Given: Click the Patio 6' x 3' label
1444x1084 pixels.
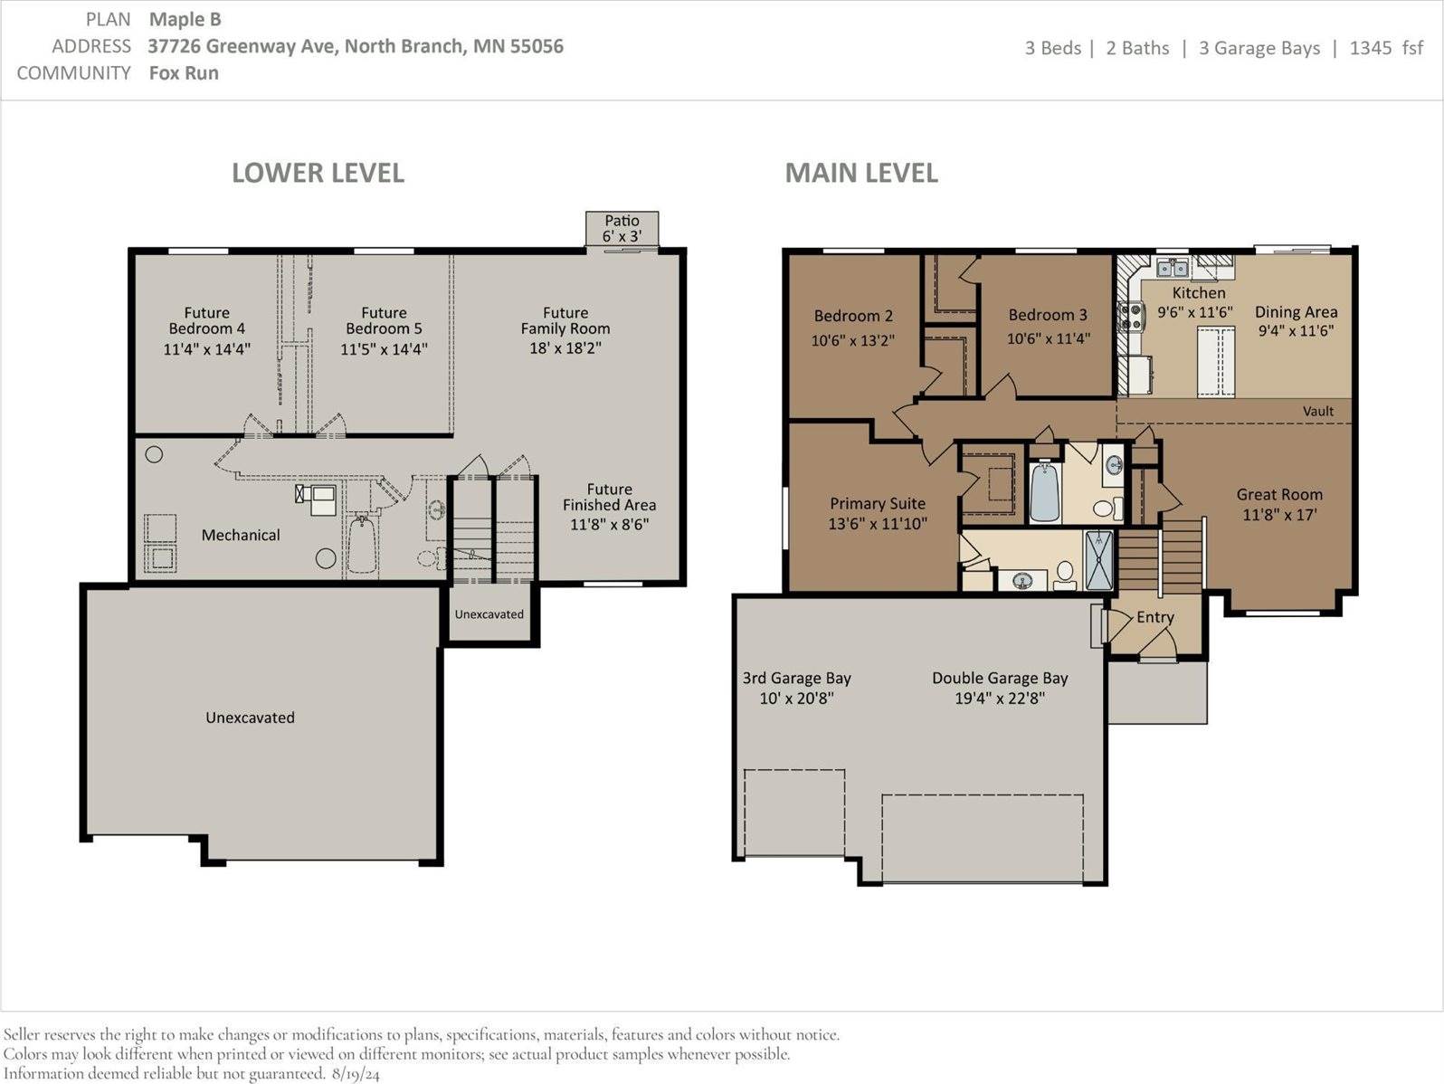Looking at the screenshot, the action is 622,228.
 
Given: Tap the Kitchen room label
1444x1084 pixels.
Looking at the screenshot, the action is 1199,292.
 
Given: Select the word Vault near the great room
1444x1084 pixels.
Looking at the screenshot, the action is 1317,411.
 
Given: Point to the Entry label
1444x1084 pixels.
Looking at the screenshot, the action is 1155,617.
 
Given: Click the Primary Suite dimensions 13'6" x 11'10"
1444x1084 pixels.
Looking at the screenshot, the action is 878,524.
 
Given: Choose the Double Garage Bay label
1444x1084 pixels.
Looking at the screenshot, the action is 1000,678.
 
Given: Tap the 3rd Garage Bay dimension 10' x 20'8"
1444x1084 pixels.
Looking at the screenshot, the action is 797,698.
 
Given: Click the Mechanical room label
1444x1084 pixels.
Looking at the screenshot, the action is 241,535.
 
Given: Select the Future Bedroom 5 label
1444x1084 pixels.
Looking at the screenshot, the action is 385,320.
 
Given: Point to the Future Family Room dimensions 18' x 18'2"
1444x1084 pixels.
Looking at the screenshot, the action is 565,348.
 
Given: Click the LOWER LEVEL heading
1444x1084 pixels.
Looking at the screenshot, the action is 318,173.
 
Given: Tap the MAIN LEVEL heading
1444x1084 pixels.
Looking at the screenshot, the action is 861,173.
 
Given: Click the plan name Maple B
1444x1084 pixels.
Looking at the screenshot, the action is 185,20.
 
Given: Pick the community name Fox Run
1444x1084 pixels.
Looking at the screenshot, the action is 184,73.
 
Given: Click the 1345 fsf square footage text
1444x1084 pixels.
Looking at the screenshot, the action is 1386,48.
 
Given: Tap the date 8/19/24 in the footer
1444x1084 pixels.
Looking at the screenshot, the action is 356,1074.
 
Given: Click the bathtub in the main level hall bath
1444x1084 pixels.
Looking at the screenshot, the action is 1044,492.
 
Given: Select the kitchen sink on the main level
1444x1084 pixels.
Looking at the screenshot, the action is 1173,268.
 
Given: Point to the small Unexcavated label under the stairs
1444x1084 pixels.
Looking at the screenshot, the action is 489,614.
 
